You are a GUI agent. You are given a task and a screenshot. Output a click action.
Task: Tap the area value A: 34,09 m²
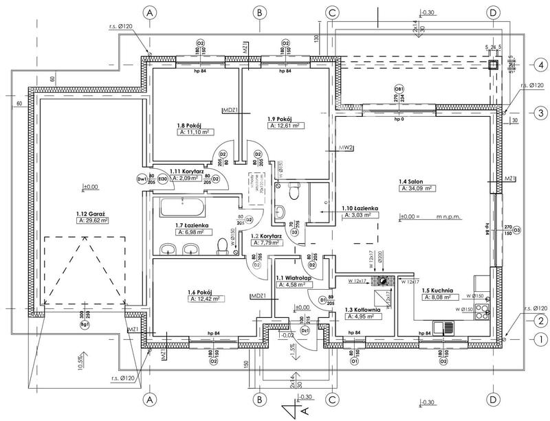(419, 188)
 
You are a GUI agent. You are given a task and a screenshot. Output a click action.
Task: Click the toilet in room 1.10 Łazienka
(295, 192)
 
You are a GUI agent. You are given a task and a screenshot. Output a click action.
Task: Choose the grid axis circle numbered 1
(542, 338)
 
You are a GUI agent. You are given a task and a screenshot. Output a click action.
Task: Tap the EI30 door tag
(162, 179)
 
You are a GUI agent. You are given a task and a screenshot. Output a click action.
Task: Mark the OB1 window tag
(398, 89)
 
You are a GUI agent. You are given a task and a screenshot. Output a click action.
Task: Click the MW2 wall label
(345, 148)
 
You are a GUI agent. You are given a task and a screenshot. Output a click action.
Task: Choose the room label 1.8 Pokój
(189, 126)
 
